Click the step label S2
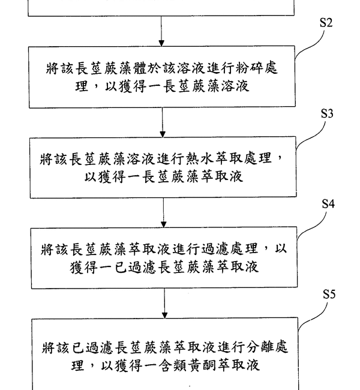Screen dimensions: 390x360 pyautogui.click(x=326, y=23)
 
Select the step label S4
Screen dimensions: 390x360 pyautogui.click(x=328, y=204)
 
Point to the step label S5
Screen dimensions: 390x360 pyautogui.click(x=329, y=295)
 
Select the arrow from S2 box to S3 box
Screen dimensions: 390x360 pyautogui.click(x=163, y=122)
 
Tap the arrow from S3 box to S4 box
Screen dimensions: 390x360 pyautogui.click(x=163, y=212)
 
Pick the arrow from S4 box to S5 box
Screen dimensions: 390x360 pyautogui.click(x=164, y=304)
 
